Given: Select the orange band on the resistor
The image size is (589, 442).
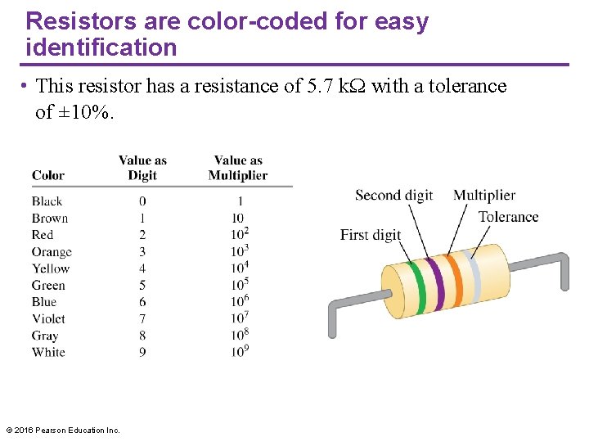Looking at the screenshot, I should coord(456,279).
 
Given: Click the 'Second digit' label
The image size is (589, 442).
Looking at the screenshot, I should coord(394,195).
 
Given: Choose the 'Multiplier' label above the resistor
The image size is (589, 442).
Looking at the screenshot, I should coord(484,195).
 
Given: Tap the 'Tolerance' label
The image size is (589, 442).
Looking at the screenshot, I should coord(508,217).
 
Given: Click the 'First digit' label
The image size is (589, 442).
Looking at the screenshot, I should coord(371,235).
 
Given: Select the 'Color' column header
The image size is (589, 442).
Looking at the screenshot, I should coord(48,175).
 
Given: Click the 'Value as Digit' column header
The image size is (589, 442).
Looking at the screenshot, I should coord(142,168).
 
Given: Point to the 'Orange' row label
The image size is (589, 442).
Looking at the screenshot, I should coord(52,252).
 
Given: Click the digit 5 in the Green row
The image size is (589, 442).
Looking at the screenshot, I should coord(142,286).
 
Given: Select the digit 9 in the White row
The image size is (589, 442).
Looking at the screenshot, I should coord(142,352).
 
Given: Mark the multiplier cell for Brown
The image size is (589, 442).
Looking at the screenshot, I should coord(238,219).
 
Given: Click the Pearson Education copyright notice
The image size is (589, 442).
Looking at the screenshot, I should coord(63,430).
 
